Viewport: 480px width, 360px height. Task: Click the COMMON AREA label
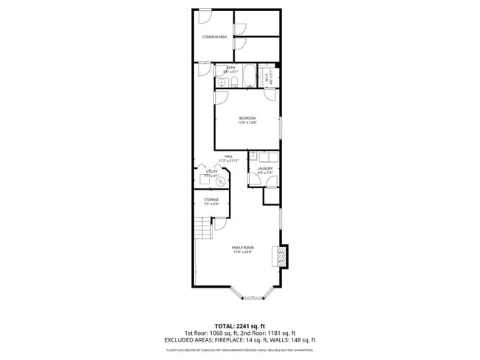tap(215, 36)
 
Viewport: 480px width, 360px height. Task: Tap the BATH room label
tap(230, 68)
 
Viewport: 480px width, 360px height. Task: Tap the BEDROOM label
tap(247, 118)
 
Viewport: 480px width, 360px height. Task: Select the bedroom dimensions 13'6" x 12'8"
tap(247, 122)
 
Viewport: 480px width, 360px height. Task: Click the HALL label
tap(229, 156)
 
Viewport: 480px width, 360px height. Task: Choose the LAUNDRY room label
tap(264, 168)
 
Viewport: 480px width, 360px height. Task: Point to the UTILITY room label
tap(212, 171)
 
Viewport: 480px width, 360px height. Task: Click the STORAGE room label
tap(211, 199)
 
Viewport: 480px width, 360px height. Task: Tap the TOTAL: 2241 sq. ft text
tap(240, 325)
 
